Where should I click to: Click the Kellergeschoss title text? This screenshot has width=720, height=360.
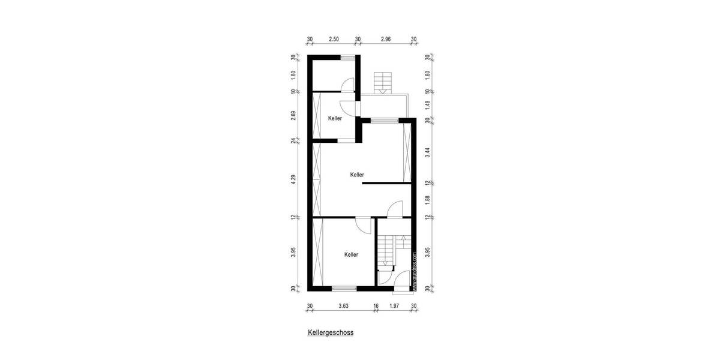pos(331,331)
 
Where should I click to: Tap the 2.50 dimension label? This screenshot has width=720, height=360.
pos(334,40)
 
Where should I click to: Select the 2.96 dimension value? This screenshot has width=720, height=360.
pos(386,40)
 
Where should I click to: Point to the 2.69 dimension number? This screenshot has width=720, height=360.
pos(294,116)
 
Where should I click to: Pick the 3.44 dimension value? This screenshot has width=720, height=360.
pos(427,152)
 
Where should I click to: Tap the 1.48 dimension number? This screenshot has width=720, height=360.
pos(427,105)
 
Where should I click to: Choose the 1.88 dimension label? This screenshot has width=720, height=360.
pos(427,200)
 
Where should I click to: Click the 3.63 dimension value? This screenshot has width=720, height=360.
pos(343,306)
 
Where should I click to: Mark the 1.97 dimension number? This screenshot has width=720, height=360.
pos(394,306)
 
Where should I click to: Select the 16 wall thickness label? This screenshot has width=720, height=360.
pos(376,306)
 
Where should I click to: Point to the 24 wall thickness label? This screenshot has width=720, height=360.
pos(294,141)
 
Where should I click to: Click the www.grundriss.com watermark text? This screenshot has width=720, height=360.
pos(414,271)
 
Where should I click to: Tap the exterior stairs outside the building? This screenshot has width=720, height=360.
pos(380,83)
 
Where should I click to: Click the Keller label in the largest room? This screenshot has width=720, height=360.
pos(357,175)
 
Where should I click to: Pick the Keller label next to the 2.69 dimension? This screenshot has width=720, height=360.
pos(335,118)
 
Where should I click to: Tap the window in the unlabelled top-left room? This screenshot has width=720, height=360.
pos(347,57)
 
